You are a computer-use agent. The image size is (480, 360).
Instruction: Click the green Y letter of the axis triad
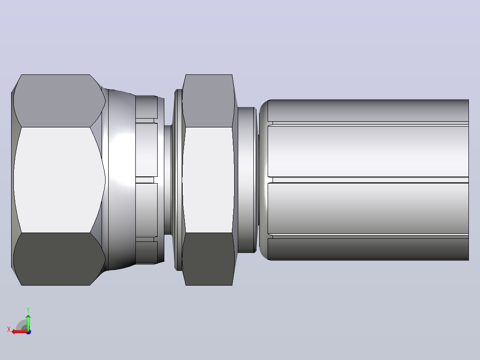pos(28,310)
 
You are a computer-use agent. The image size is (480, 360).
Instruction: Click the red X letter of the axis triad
pos(9,329)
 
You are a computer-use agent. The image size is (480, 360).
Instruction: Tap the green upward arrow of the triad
pos(28,322)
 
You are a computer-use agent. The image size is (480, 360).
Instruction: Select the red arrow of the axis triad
pos(20,332)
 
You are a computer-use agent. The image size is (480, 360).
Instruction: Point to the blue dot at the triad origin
pos(28,332)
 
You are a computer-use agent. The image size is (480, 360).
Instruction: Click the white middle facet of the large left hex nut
pos(58,180)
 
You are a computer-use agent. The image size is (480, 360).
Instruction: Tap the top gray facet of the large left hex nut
pos(58,101)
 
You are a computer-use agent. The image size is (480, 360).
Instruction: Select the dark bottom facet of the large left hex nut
pos(58,259)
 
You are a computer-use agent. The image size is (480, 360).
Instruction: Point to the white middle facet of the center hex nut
pos(209,180)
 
